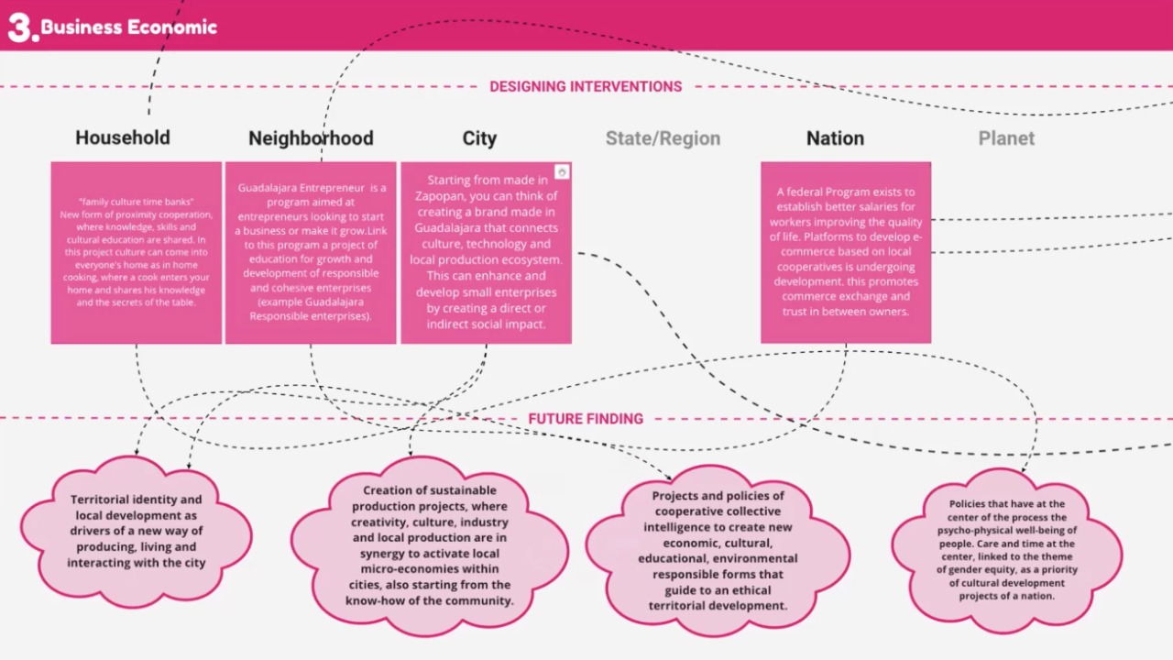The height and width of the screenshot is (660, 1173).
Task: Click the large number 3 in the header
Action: tap(20, 27)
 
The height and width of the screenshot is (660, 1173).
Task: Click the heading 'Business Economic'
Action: tap(129, 27)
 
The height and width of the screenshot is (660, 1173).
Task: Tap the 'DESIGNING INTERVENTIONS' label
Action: tap(586, 87)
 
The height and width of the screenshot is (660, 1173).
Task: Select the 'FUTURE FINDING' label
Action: tap(586, 419)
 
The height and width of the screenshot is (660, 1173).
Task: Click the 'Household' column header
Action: tap(123, 138)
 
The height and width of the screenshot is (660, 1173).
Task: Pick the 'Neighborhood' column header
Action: tap(311, 138)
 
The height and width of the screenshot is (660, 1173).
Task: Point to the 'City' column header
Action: tap(479, 138)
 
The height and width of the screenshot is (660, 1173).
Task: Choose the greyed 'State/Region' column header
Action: tap(663, 138)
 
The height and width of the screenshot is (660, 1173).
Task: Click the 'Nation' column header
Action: tap(835, 138)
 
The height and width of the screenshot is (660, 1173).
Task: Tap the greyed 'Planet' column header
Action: tap(1006, 138)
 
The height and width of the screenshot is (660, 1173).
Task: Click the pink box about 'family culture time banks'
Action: tap(137, 253)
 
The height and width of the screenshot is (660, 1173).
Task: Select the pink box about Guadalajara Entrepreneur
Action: tap(311, 253)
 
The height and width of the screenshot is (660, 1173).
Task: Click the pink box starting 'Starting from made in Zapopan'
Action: tap(486, 253)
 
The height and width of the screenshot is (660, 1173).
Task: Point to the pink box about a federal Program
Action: tap(846, 253)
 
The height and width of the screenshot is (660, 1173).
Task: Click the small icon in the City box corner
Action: tap(562, 172)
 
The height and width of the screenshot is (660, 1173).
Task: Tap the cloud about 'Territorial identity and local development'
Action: tap(137, 532)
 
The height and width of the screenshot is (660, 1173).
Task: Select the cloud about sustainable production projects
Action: tap(429, 547)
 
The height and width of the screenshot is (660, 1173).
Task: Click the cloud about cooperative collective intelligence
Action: tap(718, 550)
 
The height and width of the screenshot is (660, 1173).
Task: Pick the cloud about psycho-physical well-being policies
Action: tap(1006, 550)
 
